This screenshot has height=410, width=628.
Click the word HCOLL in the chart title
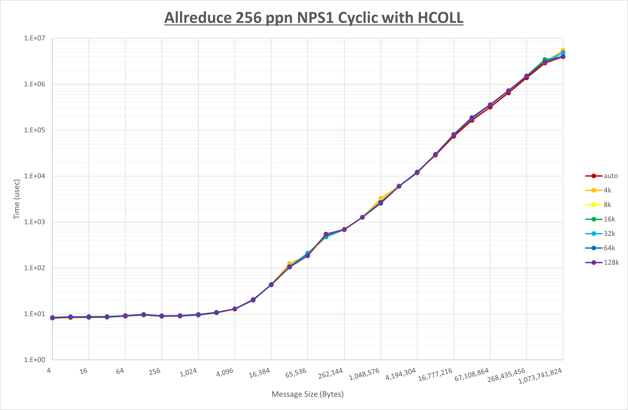(x=440, y=18)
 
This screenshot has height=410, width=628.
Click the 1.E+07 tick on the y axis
(x=35, y=38)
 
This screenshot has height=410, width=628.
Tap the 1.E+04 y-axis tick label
(x=35, y=176)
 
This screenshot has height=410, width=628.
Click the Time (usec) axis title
(x=17, y=199)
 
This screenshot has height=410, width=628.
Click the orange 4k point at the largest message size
(x=563, y=50)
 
